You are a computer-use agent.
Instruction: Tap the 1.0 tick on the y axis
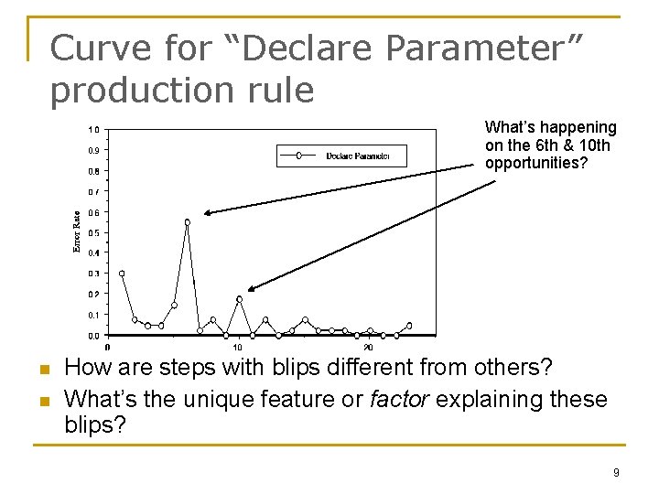click(x=94, y=129)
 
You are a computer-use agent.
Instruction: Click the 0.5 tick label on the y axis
click(x=94, y=232)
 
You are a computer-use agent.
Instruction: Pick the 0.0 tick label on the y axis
click(x=94, y=336)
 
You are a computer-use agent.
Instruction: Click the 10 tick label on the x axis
click(x=238, y=348)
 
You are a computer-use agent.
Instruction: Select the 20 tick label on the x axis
click(x=369, y=348)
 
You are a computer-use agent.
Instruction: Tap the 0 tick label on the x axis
click(x=108, y=348)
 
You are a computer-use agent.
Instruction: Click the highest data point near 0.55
click(x=188, y=222)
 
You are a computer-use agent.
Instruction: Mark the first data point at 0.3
click(x=122, y=274)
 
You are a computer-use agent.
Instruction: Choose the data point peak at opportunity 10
click(x=240, y=299)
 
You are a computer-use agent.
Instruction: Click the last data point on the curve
click(x=409, y=326)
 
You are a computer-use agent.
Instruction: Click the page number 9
click(x=616, y=473)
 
